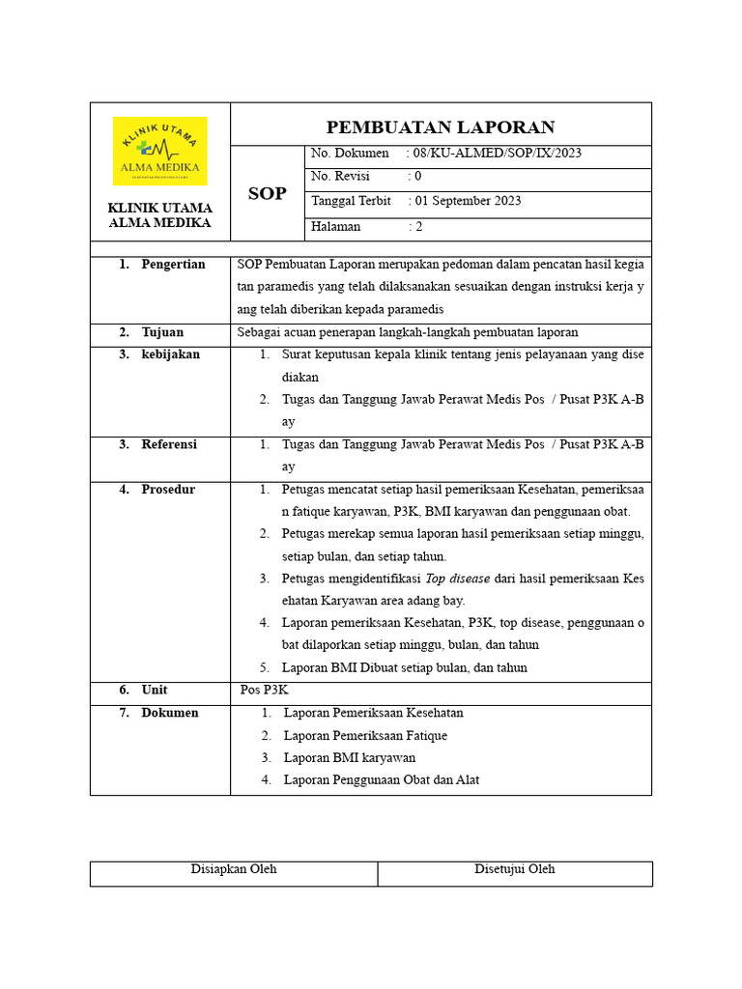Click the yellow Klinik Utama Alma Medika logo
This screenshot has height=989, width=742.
(159, 151)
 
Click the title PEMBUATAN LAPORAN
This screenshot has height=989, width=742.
(441, 127)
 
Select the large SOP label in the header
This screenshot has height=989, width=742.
(267, 193)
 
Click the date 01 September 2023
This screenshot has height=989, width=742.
(468, 201)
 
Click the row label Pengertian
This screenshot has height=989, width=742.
(173, 265)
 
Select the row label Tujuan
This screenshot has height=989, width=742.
(162, 332)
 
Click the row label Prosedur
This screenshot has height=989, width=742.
(168, 490)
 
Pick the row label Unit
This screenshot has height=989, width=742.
(155, 691)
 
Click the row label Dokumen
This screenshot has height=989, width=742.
(170, 713)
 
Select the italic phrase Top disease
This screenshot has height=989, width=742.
(458, 579)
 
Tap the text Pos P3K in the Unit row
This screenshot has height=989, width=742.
(265, 691)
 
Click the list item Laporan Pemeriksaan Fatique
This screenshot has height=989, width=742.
(365, 736)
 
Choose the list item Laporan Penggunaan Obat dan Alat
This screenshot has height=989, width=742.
(382, 780)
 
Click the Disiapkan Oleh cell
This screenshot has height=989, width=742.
(234, 869)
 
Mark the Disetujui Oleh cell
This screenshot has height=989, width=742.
(514, 869)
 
